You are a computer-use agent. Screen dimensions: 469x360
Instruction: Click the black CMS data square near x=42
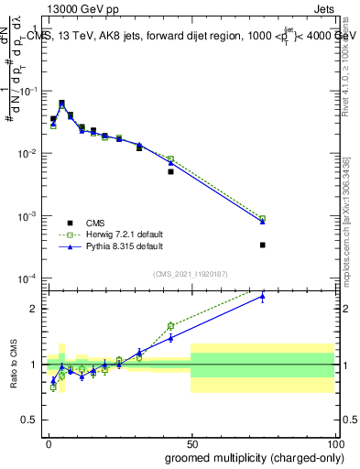point(170,171)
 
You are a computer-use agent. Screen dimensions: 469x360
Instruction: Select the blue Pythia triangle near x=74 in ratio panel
point(262,297)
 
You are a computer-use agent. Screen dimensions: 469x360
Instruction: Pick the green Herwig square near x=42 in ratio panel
point(170,325)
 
